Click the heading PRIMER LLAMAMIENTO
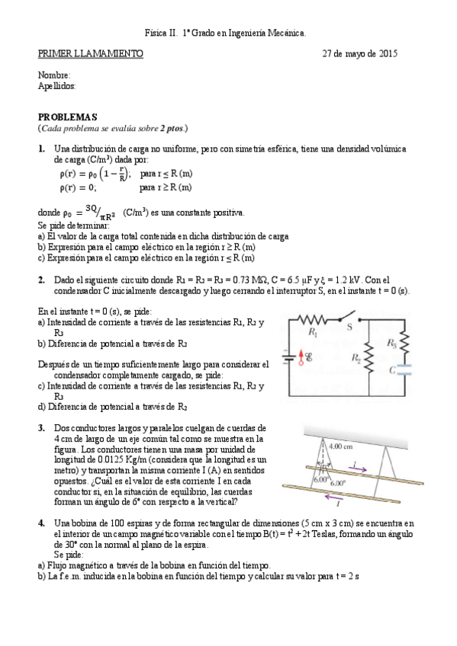(x=90, y=54)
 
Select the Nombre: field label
(x=54, y=75)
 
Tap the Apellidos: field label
(x=57, y=86)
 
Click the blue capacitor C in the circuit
(x=404, y=372)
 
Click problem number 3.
(x=42, y=428)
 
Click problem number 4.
(x=42, y=523)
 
